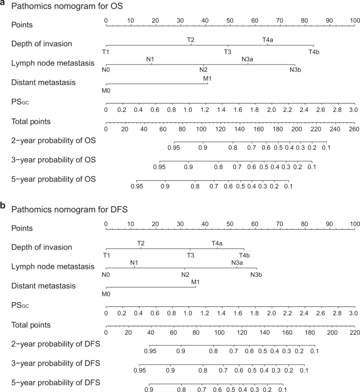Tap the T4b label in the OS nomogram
pyautogui.click(x=314, y=51)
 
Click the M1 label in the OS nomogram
pyautogui.click(x=208, y=78)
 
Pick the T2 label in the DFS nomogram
pyautogui.click(x=141, y=243)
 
